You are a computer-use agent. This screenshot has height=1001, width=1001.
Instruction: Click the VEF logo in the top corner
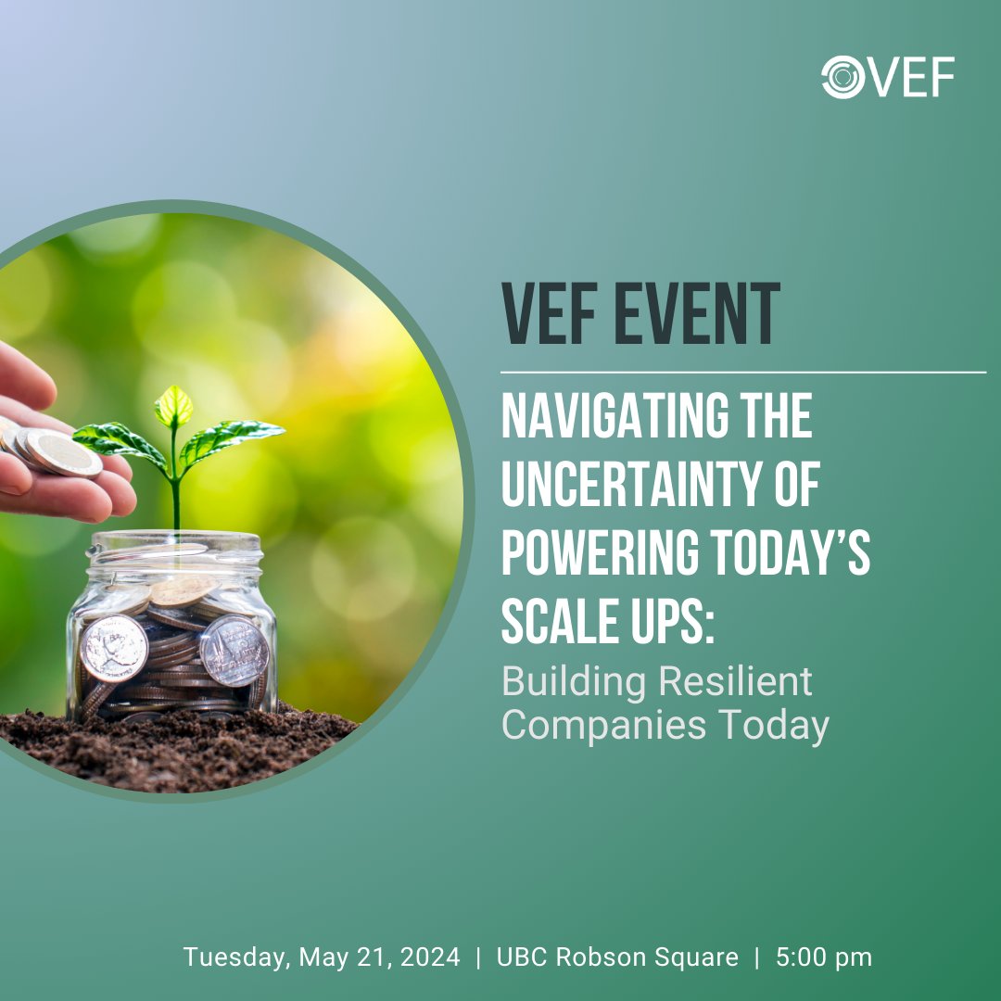(888, 77)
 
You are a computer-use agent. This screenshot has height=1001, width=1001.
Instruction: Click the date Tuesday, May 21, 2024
(322, 957)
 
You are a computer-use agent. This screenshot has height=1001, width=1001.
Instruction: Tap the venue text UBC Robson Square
(618, 957)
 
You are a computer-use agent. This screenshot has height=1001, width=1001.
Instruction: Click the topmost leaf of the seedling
(173, 406)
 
